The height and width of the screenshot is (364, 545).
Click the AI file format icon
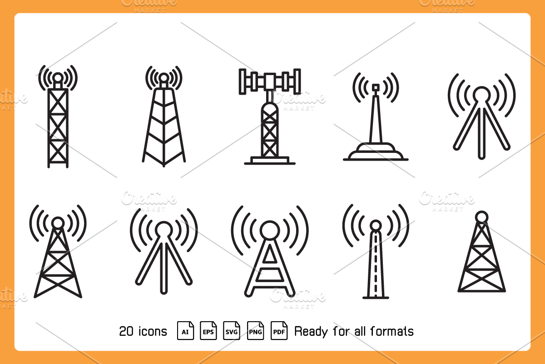tap(185, 331)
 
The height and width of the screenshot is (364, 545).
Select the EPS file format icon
tap(208, 331)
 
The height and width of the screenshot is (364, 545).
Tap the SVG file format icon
tap(232, 331)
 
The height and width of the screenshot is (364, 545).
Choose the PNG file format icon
tap(255, 331)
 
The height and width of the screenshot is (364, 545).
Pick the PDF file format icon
tap(279, 331)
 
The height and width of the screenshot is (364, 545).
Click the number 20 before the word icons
tap(126, 331)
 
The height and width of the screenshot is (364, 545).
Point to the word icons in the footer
tap(153, 331)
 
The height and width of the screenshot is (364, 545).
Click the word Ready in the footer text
tap(311, 332)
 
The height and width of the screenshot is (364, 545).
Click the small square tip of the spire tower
tap(376, 87)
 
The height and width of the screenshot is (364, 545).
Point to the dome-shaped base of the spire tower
tap(376, 152)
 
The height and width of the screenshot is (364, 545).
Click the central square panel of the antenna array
tap(270, 81)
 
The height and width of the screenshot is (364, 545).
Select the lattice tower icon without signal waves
tap(482, 251)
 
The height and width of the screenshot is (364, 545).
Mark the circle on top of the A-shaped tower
tap(270, 230)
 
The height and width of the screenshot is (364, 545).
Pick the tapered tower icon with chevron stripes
tap(164, 116)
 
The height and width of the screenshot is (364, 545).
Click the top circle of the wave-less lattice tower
tap(482, 217)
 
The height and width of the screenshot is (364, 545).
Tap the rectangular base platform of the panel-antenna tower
tap(270, 160)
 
